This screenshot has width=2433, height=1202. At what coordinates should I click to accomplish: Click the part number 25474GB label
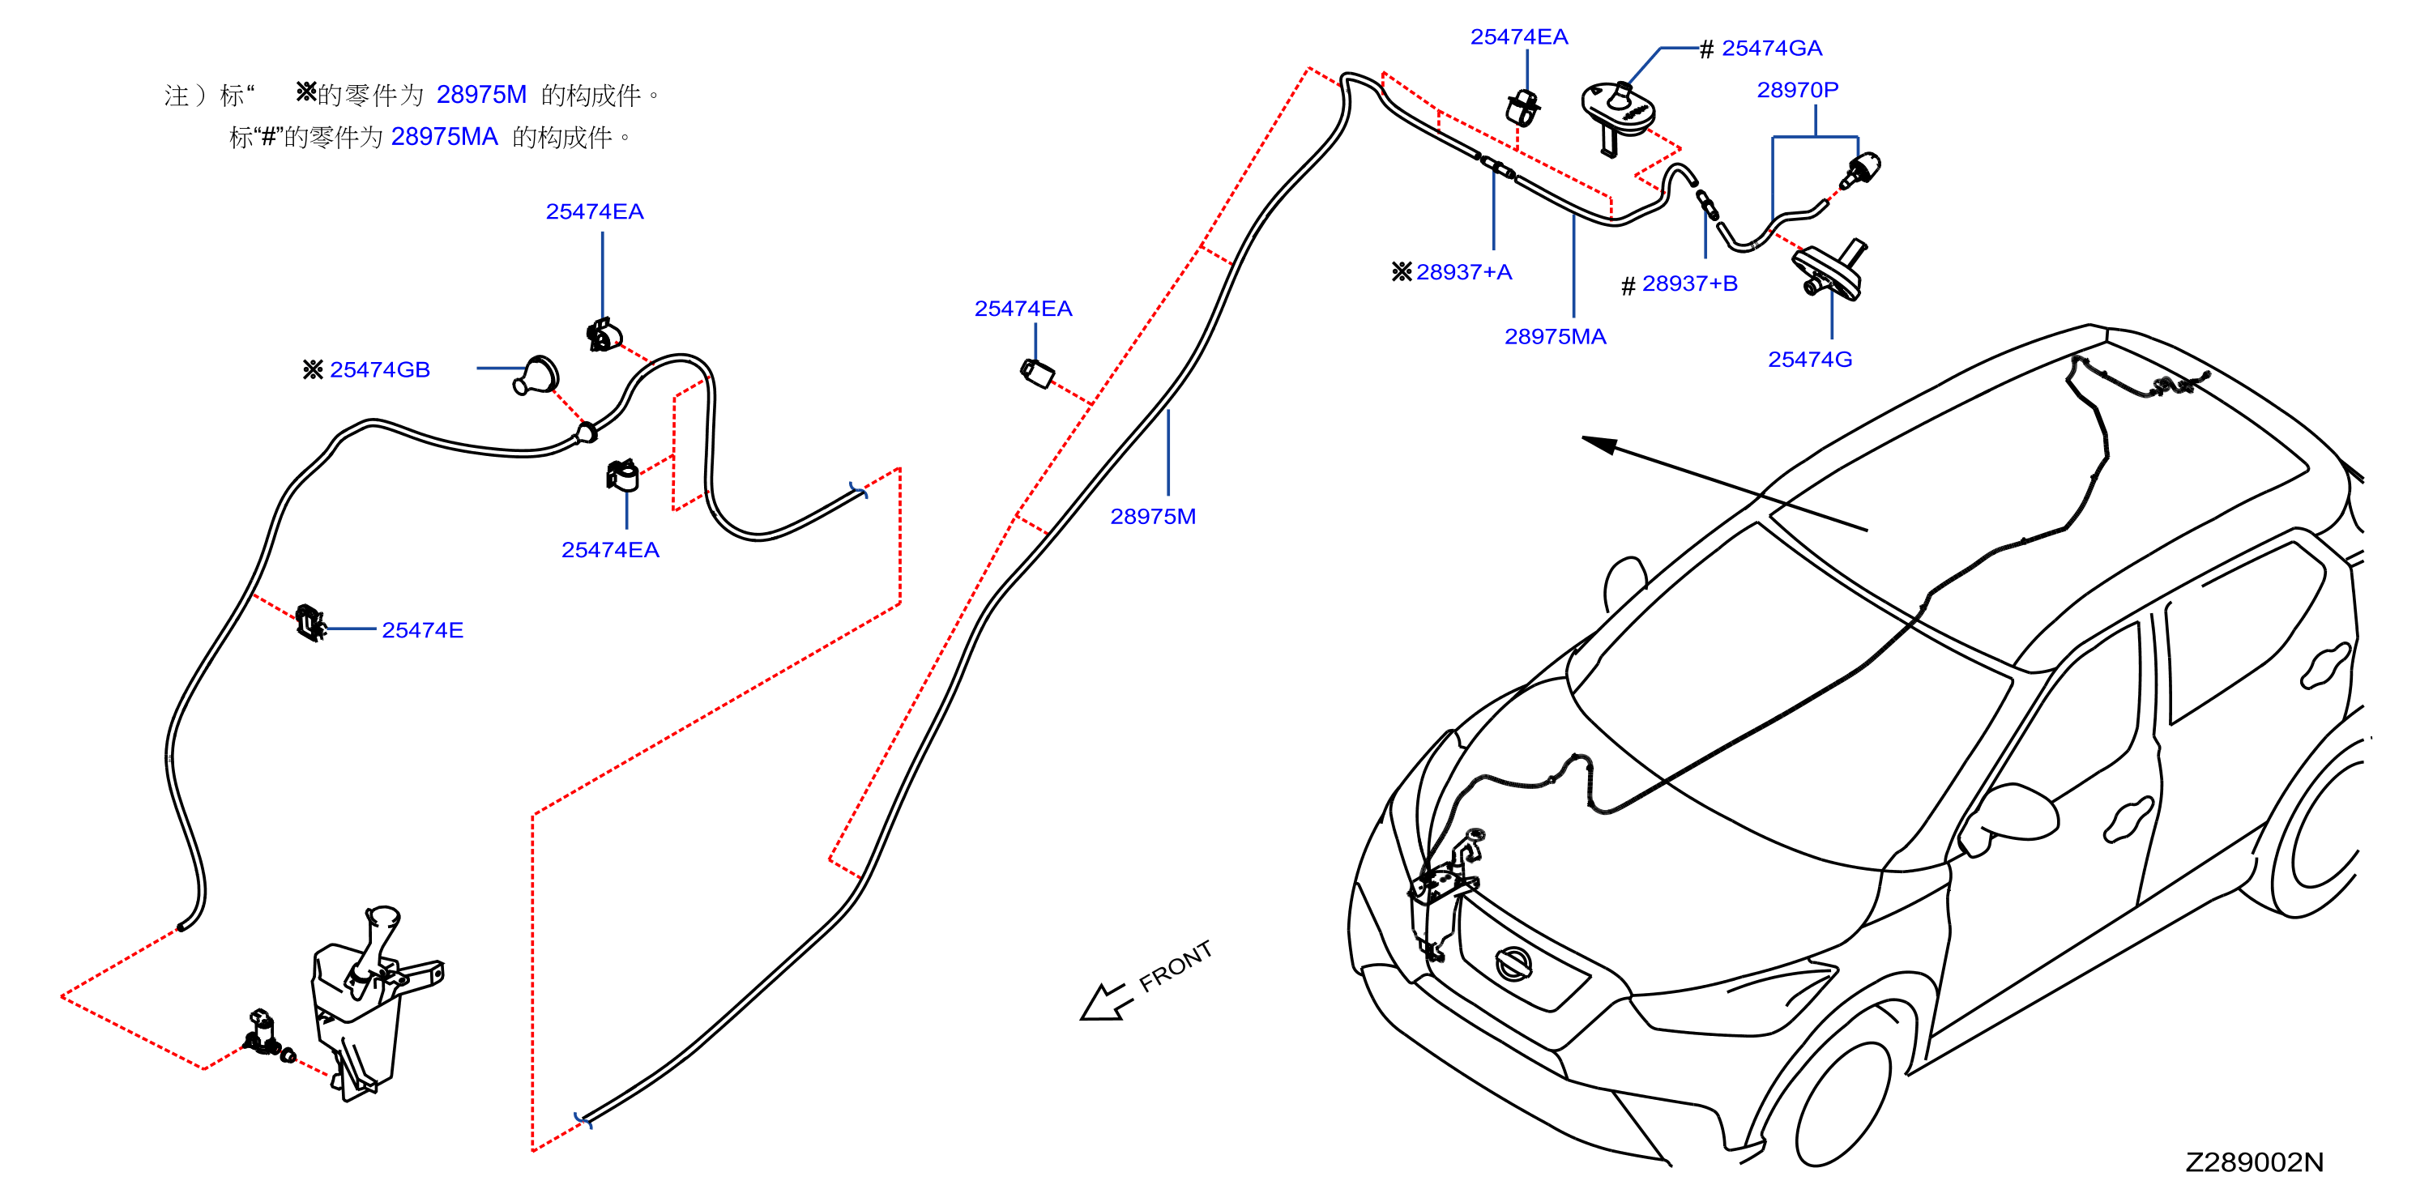pos(380,369)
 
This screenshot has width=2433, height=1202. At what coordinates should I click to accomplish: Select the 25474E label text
pos(422,630)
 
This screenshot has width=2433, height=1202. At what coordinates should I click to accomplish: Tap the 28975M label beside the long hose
pos(1152,517)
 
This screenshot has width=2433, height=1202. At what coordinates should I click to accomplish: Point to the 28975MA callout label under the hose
pos(1555,336)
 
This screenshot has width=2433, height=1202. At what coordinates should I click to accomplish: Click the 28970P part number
pos(1797,90)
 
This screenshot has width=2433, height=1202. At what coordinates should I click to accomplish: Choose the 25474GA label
pos(1772,48)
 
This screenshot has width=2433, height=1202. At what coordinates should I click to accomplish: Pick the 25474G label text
pos(1810,359)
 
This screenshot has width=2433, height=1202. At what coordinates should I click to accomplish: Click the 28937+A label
pos(1464,272)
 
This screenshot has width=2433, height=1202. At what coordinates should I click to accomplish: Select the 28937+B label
pos(1690,283)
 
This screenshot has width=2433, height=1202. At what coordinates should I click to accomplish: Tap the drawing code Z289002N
pos(2255,1162)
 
